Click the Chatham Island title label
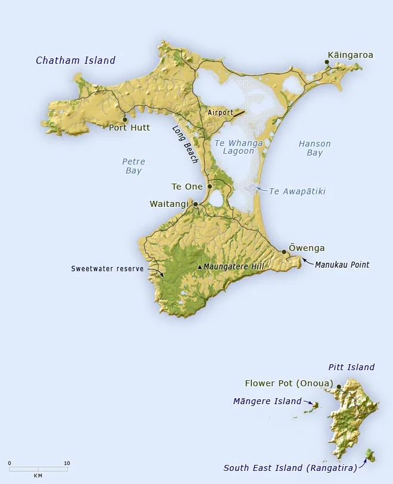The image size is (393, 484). pyautogui.click(x=76, y=60)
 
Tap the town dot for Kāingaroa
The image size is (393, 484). pyautogui.click(x=327, y=61)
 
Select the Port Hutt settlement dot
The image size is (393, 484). pyautogui.click(x=124, y=119)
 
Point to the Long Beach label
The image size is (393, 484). pyautogui.click(x=185, y=145)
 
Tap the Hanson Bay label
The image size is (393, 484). pyautogui.click(x=314, y=148)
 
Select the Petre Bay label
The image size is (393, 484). pyautogui.click(x=133, y=166)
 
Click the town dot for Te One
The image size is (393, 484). pyautogui.click(x=210, y=187)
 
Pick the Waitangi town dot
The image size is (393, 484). pyautogui.click(x=195, y=204)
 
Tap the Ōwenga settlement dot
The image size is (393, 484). pyautogui.click(x=284, y=252)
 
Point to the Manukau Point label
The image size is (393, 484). pyautogui.click(x=342, y=265)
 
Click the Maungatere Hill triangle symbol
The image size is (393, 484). pyautogui.click(x=199, y=267)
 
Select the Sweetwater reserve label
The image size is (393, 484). pyautogui.click(x=107, y=269)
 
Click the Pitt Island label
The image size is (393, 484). pyautogui.click(x=351, y=367)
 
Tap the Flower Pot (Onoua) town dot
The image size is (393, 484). pyautogui.click(x=339, y=387)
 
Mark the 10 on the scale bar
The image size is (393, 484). pyautogui.click(x=67, y=463)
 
